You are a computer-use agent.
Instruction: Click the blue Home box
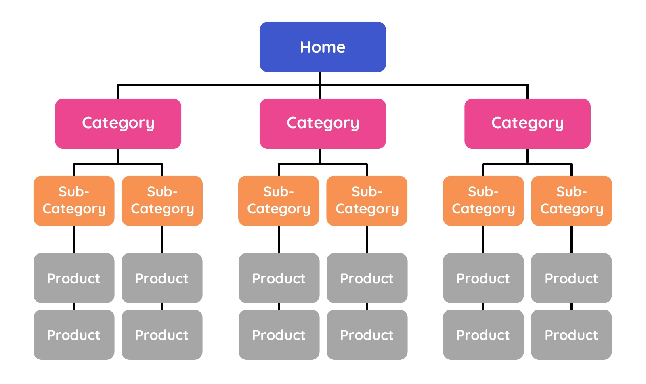point(323,47)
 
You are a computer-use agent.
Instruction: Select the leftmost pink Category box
point(118,124)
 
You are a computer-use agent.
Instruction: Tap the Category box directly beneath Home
point(323,124)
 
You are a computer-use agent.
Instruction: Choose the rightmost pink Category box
point(527,124)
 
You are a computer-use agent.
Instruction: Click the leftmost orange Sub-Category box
point(74,200)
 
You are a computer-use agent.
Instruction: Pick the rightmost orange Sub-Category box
point(571,200)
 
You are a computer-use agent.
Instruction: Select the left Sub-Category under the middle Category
point(279,200)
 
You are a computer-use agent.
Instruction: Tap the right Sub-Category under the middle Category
point(367,200)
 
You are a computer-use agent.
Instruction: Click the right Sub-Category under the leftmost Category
point(162,200)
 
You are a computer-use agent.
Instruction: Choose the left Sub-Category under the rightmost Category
point(483,200)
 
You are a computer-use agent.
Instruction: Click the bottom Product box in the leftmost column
point(74,335)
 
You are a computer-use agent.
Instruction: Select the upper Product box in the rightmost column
point(571,278)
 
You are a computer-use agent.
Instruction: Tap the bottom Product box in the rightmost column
point(571,335)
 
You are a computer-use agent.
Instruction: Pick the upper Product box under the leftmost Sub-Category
point(74,278)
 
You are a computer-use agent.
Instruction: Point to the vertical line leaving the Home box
point(320,85)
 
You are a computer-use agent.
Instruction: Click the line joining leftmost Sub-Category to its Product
point(74,239)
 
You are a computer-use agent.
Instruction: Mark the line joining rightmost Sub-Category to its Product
point(572,239)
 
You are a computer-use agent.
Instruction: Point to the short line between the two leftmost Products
point(74,306)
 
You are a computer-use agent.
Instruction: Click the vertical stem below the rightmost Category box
point(527,156)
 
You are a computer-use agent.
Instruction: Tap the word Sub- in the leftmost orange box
point(74,192)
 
